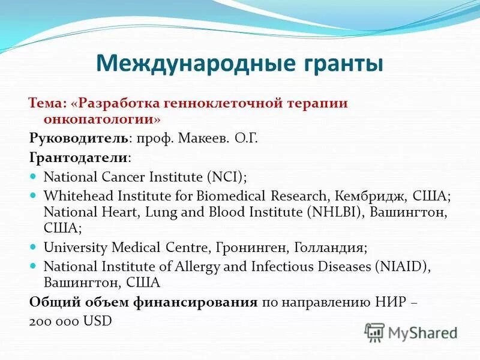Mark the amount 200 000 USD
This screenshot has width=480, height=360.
(x=70, y=321)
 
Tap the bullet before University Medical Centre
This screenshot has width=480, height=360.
(x=34, y=247)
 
